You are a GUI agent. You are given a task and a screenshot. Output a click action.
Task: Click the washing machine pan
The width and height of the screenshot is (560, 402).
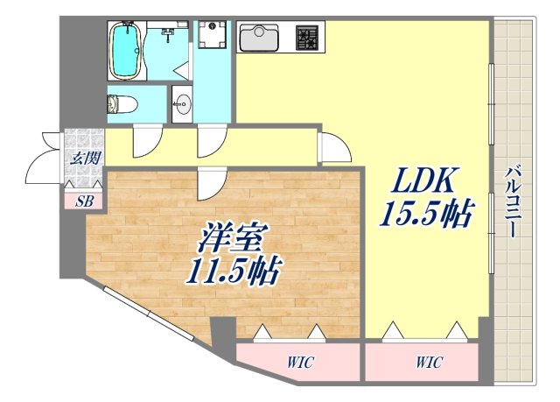click(x=211, y=37)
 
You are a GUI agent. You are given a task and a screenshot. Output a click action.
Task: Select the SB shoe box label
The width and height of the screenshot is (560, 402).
click(x=84, y=201)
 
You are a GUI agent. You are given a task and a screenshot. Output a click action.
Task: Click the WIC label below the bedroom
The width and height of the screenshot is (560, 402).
click(x=298, y=362)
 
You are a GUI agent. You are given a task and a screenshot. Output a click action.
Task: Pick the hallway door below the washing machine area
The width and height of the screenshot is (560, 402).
click(x=211, y=140)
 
